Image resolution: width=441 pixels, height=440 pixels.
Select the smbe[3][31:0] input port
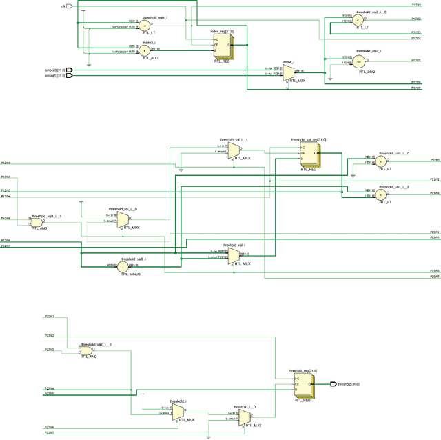point(68,70)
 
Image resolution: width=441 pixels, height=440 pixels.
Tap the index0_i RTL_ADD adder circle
point(145,50)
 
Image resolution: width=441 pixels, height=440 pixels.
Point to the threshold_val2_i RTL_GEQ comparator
point(358,61)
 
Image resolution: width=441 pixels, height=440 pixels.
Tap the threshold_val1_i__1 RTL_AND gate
point(39,221)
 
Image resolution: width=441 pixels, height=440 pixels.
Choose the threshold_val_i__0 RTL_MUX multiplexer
point(122,219)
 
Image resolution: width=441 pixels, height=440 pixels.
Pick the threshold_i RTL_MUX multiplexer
point(178,412)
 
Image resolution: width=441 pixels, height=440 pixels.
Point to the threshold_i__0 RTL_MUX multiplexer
point(245,417)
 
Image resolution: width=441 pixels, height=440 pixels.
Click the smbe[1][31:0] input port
point(68,76)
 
